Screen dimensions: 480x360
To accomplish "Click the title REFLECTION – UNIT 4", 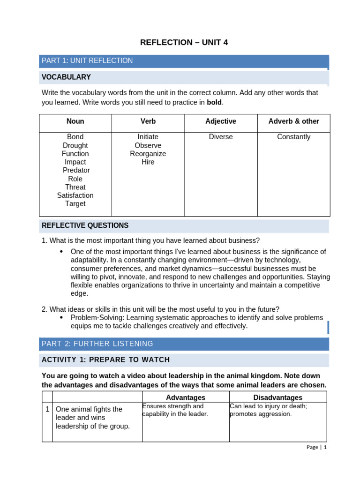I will [x=184, y=43].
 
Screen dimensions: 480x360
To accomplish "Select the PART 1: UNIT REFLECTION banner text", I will [x=87, y=60].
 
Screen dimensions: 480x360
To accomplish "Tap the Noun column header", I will [x=75, y=121].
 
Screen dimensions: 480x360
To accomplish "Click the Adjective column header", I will [x=221, y=121].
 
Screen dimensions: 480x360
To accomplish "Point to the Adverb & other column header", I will [x=293, y=121].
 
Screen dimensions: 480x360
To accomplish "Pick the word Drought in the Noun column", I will [x=75, y=145].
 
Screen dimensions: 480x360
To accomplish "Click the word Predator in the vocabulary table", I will [x=75, y=170].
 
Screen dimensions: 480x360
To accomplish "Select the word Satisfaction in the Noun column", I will [x=75, y=195].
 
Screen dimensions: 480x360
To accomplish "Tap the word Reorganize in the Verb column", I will [x=148, y=154].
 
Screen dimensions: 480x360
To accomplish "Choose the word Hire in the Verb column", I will [x=148, y=162].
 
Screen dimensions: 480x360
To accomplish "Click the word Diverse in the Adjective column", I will [x=221, y=137].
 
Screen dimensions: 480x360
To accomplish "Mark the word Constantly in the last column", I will [x=293, y=137].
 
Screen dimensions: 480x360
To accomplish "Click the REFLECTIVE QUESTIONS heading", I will [x=85, y=225].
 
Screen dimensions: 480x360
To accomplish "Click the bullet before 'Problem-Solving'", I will [x=61, y=317].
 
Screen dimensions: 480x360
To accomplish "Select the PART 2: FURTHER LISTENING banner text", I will [x=97, y=344].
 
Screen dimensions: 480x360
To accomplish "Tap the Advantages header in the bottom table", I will [x=186, y=397].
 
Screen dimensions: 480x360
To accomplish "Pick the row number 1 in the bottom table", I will [x=47, y=409].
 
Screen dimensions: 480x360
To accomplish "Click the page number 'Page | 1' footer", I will [x=316, y=447].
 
